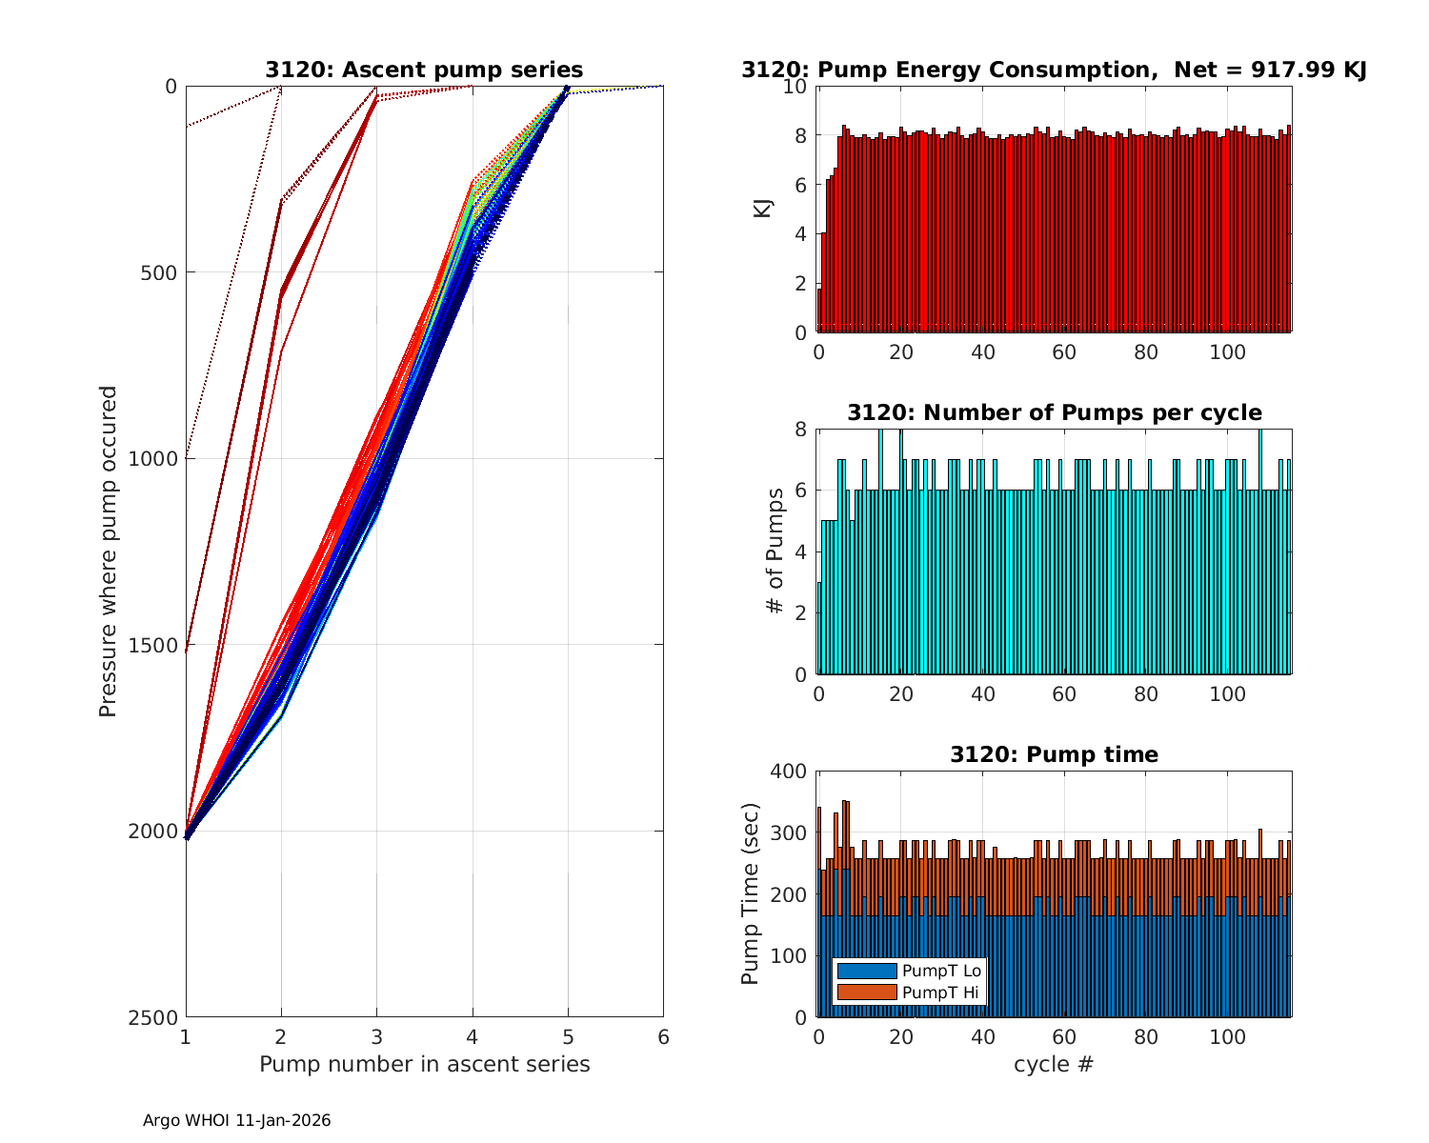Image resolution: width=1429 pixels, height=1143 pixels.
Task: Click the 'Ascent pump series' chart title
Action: coord(424,70)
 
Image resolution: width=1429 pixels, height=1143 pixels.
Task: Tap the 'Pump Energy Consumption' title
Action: coord(1054,70)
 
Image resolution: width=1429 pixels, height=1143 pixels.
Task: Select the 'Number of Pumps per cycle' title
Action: coord(1054,412)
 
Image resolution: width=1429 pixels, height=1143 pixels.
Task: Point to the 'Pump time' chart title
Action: coord(1054,754)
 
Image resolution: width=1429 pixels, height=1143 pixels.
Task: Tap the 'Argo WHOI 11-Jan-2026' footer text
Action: coord(236,1120)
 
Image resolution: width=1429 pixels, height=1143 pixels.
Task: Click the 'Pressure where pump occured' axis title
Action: coord(108,551)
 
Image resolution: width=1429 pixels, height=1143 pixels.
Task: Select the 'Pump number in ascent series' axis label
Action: coord(424,1064)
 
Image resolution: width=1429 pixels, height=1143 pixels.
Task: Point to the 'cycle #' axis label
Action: coord(1054,1064)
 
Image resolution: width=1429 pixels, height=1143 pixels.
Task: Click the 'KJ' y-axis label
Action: coord(762,209)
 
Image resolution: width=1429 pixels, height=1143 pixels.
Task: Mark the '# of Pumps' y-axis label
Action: coord(776,551)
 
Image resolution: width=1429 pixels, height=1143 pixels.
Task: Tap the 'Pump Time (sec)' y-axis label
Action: coord(750,894)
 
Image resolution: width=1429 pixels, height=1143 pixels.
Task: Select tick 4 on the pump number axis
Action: coord(473,1036)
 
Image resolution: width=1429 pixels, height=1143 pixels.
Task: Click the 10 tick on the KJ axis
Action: coord(795,87)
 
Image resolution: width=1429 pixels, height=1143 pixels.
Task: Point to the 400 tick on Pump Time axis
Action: coord(788,772)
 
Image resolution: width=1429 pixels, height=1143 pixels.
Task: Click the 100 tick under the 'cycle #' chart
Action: coord(1227,1036)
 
